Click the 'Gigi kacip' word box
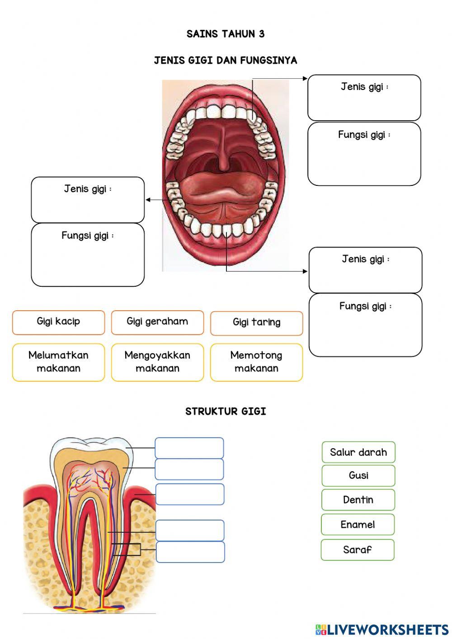coord(58,322)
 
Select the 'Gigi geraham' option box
coord(157,322)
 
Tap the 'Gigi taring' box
coord(256,323)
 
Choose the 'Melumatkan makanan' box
coord(58,362)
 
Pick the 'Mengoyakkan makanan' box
coord(157,362)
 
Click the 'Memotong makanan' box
coord(256,362)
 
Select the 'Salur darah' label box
coord(358,452)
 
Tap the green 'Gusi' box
coord(358,475)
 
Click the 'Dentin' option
coord(358,500)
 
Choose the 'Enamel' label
coord(358,525)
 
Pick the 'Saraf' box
coord(358,549)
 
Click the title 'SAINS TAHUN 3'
coord(226,34)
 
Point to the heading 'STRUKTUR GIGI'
coord(226,412)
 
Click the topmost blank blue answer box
coord(189,448)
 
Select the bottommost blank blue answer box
coord(190,552)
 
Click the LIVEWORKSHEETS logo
coord(382,629)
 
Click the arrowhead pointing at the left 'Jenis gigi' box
coord(148,200)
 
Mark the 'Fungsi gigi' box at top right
coord(364,154)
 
